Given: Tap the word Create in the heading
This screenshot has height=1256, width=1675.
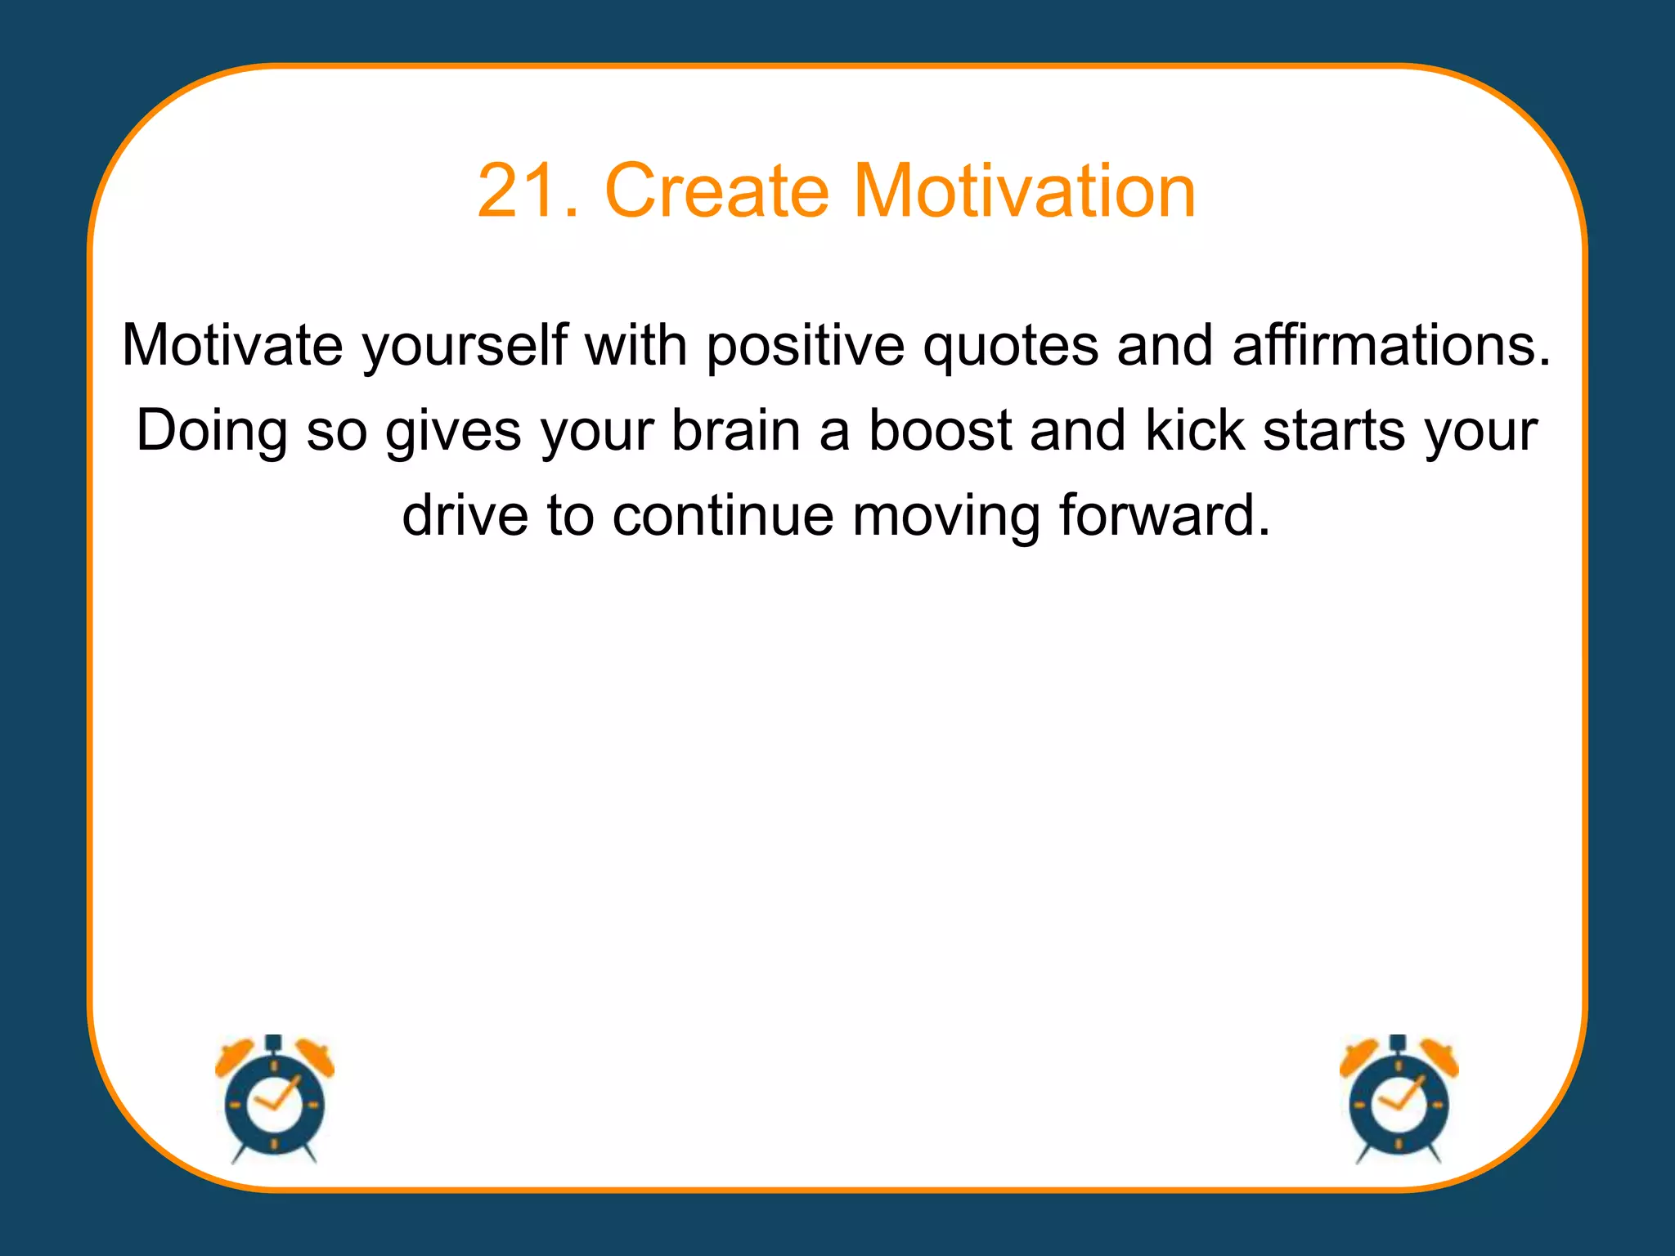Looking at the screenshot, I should click(x=716, y=191).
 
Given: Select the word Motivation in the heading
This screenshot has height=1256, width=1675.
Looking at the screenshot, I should click(x=1024, y=191).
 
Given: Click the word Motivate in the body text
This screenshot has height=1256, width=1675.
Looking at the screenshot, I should click(x=232, y=344).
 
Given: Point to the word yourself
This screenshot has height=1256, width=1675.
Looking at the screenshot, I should click(x=465, y=344).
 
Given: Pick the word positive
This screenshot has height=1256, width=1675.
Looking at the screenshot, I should click(x=806, y=346).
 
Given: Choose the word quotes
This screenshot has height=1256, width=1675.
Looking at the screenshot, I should click(x=1011, y=346).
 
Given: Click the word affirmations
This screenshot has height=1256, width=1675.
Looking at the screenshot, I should click(x=1390, y=344).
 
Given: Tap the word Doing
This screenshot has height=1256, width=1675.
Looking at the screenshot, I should click(x=212, y=432).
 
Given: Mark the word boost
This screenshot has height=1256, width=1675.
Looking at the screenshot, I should click(x=940, y=430).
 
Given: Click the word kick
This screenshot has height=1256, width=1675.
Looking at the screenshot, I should click(x=1194, y=430).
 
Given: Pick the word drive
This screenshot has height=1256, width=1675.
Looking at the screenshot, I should click(x=465, y=515).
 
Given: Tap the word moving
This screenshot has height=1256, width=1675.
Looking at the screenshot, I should click(x=945, y=517).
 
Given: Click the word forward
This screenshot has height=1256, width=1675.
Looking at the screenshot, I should click(x=1165, y=515).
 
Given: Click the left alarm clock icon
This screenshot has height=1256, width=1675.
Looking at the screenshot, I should click(x=275, y=1100).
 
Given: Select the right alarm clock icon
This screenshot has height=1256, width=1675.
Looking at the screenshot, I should click(x=1399, y=1100).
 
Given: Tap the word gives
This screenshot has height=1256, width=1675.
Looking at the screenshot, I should click(x=453, y=432).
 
